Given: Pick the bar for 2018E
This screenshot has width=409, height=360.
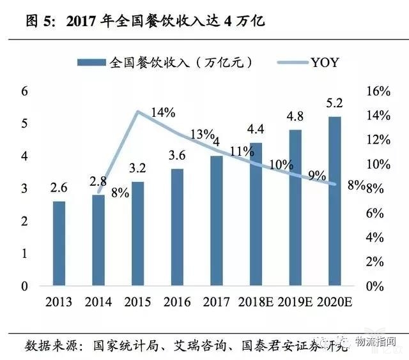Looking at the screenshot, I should pos(256,214).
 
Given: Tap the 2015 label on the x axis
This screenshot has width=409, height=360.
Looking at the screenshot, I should pos(137,301).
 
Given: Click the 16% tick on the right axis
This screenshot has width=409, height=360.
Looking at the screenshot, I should pos(379,91).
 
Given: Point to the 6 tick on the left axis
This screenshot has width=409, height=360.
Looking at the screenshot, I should pos(26,91).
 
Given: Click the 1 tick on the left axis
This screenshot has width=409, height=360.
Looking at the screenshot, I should pos(26,253).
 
